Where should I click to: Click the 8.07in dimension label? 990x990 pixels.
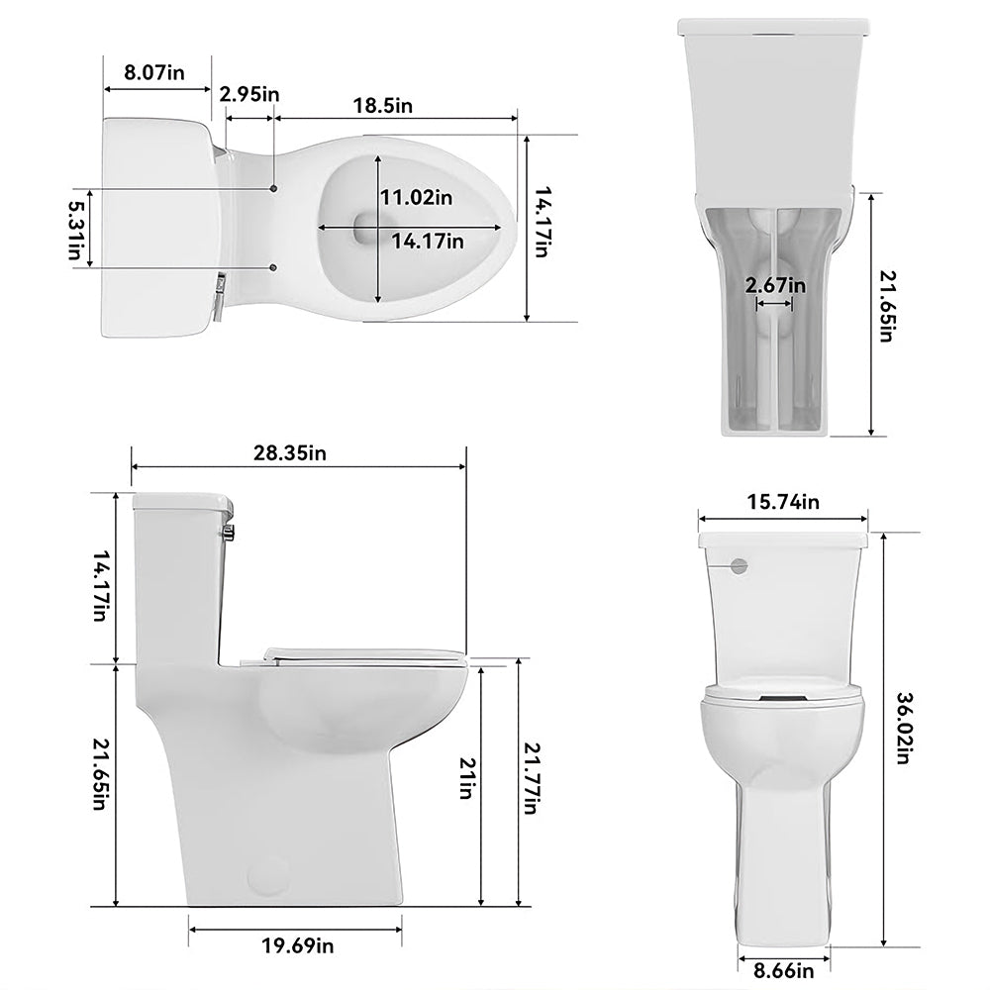click(154, 72)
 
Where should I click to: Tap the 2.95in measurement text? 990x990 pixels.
click(249, 94)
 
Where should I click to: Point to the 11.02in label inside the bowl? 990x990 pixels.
click(417, 197)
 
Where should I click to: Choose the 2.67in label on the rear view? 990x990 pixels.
click(775, 285)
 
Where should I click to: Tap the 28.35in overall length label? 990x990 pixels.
click(289, 453)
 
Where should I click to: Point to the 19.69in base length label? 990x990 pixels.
click(298, 946)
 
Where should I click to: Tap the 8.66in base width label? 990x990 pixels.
click(777, 971)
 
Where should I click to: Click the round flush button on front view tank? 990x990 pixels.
click(738, 565)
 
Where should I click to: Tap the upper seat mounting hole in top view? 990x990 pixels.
click(273, 187)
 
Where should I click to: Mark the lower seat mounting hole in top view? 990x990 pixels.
click(273, 267)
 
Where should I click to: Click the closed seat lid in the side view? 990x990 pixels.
click(361, 651)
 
